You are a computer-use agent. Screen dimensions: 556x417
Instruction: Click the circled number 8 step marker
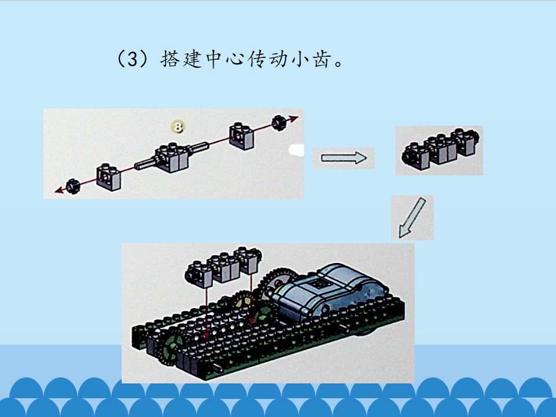point(178,127)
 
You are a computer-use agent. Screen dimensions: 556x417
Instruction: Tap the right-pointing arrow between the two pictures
point(343,158)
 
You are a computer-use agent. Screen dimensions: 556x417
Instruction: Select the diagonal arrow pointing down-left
point(412,217)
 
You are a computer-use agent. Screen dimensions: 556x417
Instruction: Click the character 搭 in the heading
point(171,58)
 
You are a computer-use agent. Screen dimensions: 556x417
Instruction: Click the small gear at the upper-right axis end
point(279,123)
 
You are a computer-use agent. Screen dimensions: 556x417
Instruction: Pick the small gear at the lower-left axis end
point(73,186)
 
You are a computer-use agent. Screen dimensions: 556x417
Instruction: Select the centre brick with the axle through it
point(172,158)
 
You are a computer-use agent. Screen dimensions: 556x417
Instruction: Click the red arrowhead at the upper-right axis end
point(293,119)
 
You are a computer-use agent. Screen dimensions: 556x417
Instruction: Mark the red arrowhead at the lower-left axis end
point(59,190)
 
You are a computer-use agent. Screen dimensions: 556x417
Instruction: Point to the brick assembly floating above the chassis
point(222,266)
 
